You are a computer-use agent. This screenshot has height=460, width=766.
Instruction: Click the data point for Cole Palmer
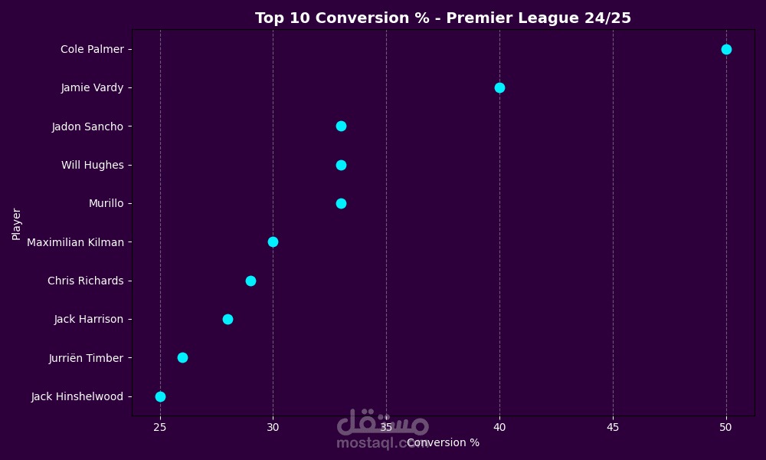click(x=726, y=49)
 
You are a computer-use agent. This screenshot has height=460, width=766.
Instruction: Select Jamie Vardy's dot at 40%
click(x=499, y=87)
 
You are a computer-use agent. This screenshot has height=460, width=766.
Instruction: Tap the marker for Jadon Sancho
click(x=341, y=126)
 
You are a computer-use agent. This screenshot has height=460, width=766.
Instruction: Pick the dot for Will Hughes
click(x=341, y=165)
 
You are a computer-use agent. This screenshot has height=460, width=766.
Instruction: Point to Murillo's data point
click(x=341, y=203)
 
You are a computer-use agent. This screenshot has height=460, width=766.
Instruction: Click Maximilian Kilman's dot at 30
click(x=273, y=242)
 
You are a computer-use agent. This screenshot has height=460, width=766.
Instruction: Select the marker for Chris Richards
click(x=250, y=281)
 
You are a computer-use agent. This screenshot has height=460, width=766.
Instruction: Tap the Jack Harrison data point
click(x=228, y=319)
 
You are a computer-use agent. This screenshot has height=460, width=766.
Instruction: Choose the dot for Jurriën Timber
click(x=182, y=357)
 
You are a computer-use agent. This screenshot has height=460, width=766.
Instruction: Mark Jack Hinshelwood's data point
click(x=160, y=396)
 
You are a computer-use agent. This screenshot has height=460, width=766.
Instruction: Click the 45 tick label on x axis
click(x=613, y=426)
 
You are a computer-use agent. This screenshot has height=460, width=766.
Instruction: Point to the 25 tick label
click(x=160, y=426)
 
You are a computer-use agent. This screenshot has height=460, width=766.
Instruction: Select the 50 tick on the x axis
click(x=726, y=426)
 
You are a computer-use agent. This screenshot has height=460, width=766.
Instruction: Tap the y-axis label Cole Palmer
click(x=92, y=50)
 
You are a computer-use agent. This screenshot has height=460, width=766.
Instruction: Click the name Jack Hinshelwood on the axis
click(x=77, y=396)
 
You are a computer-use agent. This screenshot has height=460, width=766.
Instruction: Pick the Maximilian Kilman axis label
click(x=75, y=242)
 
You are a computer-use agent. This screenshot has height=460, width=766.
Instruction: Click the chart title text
click(x=443, y=18)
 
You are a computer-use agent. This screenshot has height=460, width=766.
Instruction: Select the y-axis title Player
click(x=17, y=224)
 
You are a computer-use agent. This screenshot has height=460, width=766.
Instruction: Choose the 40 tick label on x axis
click(x=499, y=426)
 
